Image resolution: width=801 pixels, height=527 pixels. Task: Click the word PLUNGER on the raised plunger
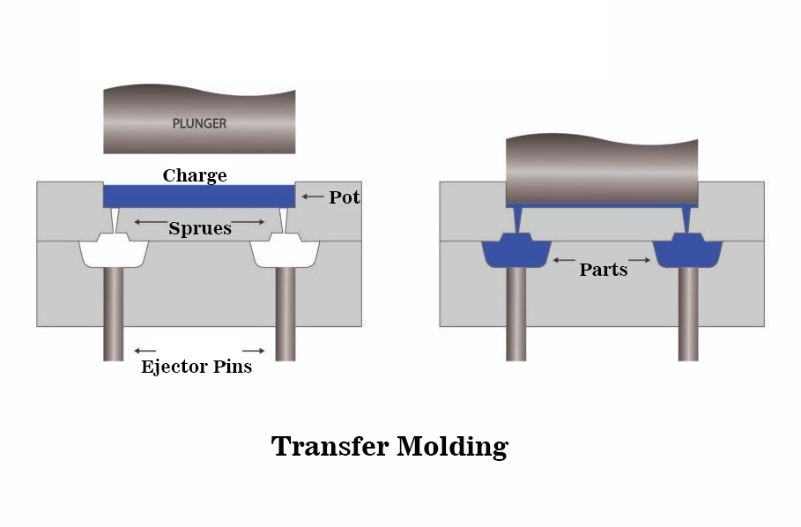tap(198, 123)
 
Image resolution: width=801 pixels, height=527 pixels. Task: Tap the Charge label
tap(195, 175)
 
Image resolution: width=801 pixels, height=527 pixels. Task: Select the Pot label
tap(345, 197)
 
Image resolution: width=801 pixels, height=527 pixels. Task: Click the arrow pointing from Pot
tap(312, 197)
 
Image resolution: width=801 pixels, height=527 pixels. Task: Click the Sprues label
tap(200, 228)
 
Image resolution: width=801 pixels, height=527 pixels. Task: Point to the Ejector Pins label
tap(197, 367)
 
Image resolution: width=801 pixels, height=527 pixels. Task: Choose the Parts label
tap(604, 270)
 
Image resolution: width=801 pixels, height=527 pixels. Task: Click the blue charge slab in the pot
tap(199, 196)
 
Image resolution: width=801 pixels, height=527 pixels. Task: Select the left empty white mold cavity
tap(114, 253)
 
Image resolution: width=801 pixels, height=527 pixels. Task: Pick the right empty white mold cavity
tap(284, 253)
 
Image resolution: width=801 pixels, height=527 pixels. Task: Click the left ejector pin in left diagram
tap(113, 313)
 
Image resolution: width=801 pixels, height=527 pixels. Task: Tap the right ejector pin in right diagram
tap(688, 313)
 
